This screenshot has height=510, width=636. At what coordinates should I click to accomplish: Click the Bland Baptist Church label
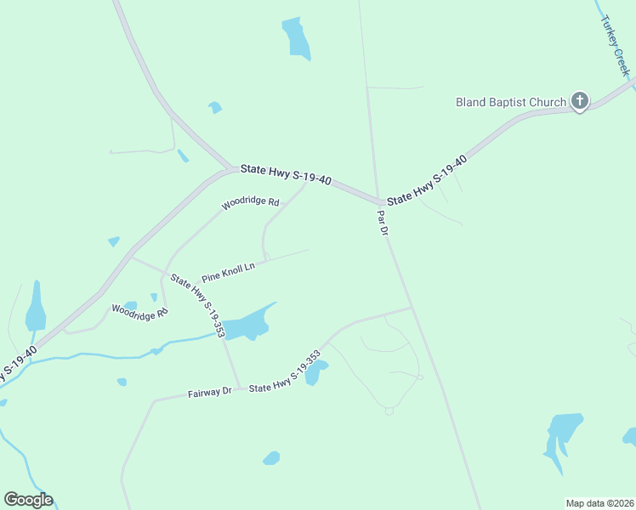point(510,102)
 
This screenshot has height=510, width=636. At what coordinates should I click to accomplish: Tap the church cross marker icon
point(579,102)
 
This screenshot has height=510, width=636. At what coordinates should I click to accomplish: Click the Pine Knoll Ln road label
point(228,272)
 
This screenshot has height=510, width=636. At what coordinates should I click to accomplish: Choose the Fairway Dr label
point(209,392)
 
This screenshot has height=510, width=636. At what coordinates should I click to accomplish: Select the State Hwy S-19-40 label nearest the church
point(427,180)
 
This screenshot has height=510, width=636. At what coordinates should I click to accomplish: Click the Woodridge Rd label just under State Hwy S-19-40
point(250,204)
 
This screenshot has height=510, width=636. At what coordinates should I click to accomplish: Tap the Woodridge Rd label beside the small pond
point(139,311)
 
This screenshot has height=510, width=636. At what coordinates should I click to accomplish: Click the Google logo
point(28,500)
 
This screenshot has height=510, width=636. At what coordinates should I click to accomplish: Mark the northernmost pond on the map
point(296,37)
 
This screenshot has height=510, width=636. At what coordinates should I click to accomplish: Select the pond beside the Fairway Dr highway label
point(315,372)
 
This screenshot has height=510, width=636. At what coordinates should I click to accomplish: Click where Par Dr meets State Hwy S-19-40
point(378,202)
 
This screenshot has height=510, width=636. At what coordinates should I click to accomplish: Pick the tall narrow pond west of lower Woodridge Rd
point(35,308)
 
